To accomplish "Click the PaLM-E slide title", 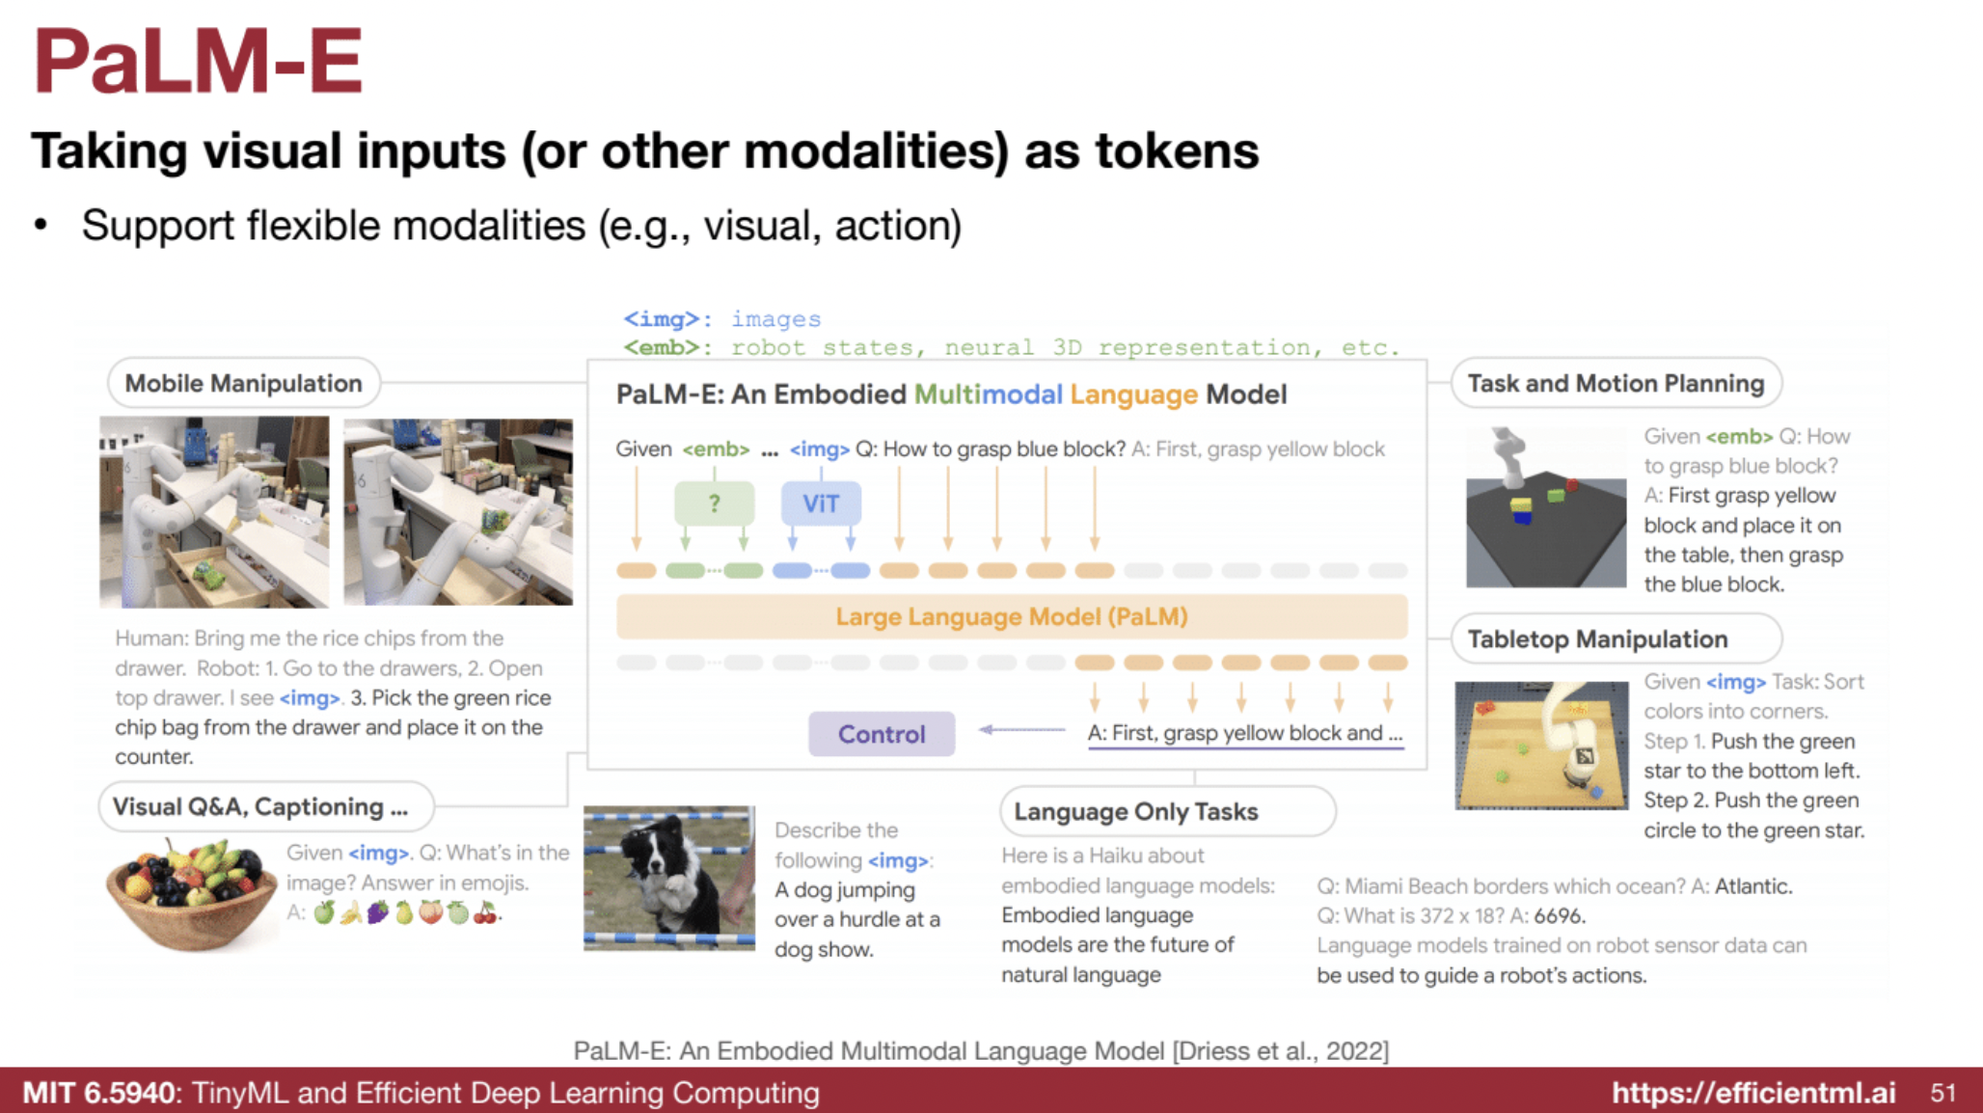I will (198, 62).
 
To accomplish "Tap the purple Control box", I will (882, 734).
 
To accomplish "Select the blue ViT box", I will (821, 503).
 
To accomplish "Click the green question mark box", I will (714, 503).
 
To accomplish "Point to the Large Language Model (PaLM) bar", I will (1011, 617).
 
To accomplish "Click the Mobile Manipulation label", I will (243, 384).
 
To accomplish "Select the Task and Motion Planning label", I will (1616, 384).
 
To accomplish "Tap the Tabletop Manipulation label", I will (1597, 639).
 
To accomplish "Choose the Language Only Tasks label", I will (1136, 812).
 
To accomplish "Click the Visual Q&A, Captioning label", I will (260, 807).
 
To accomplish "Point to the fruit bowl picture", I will (191, 893).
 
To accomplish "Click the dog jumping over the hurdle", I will (668, 878).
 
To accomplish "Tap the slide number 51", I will (1942, 1093).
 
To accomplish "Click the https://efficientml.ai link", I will (1753, 1093).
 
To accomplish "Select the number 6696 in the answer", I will (1559, 915).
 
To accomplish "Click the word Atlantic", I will (1752, 886).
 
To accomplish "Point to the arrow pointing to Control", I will (1021, 730).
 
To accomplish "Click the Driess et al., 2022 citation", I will (1280, 1050).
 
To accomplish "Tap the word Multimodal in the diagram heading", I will (988, 394).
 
